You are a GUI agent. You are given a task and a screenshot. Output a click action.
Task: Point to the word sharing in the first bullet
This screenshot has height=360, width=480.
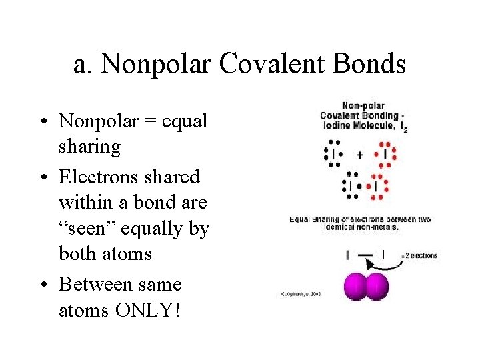89,146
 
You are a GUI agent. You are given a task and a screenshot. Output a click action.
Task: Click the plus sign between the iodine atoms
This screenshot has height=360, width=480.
359,155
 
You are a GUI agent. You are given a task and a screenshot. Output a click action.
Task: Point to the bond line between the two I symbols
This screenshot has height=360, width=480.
365,254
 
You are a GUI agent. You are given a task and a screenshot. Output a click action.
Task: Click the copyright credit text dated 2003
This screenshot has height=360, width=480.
301,294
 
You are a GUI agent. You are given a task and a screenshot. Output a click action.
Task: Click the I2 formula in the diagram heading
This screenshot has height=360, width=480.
404,128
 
